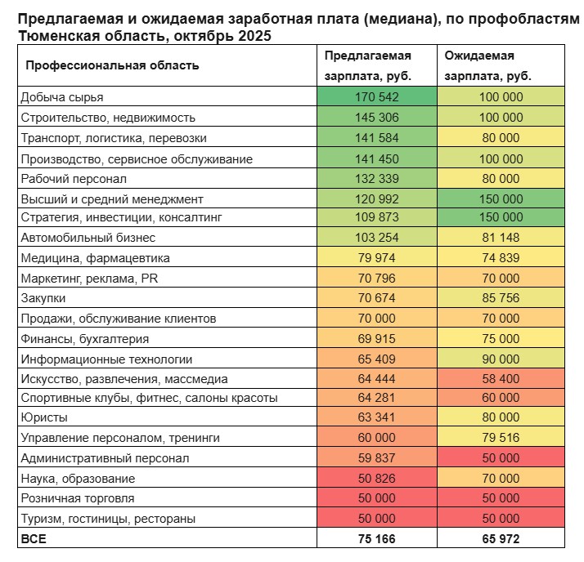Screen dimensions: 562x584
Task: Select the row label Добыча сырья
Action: tap(62, 96)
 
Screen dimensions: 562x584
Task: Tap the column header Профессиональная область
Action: tap(113, 65)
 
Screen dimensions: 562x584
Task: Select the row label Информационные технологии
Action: tap(106, 359)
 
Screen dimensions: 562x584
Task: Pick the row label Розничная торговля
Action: tap(78, 498)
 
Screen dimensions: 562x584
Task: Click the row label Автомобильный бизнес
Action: tap(88, 238)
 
